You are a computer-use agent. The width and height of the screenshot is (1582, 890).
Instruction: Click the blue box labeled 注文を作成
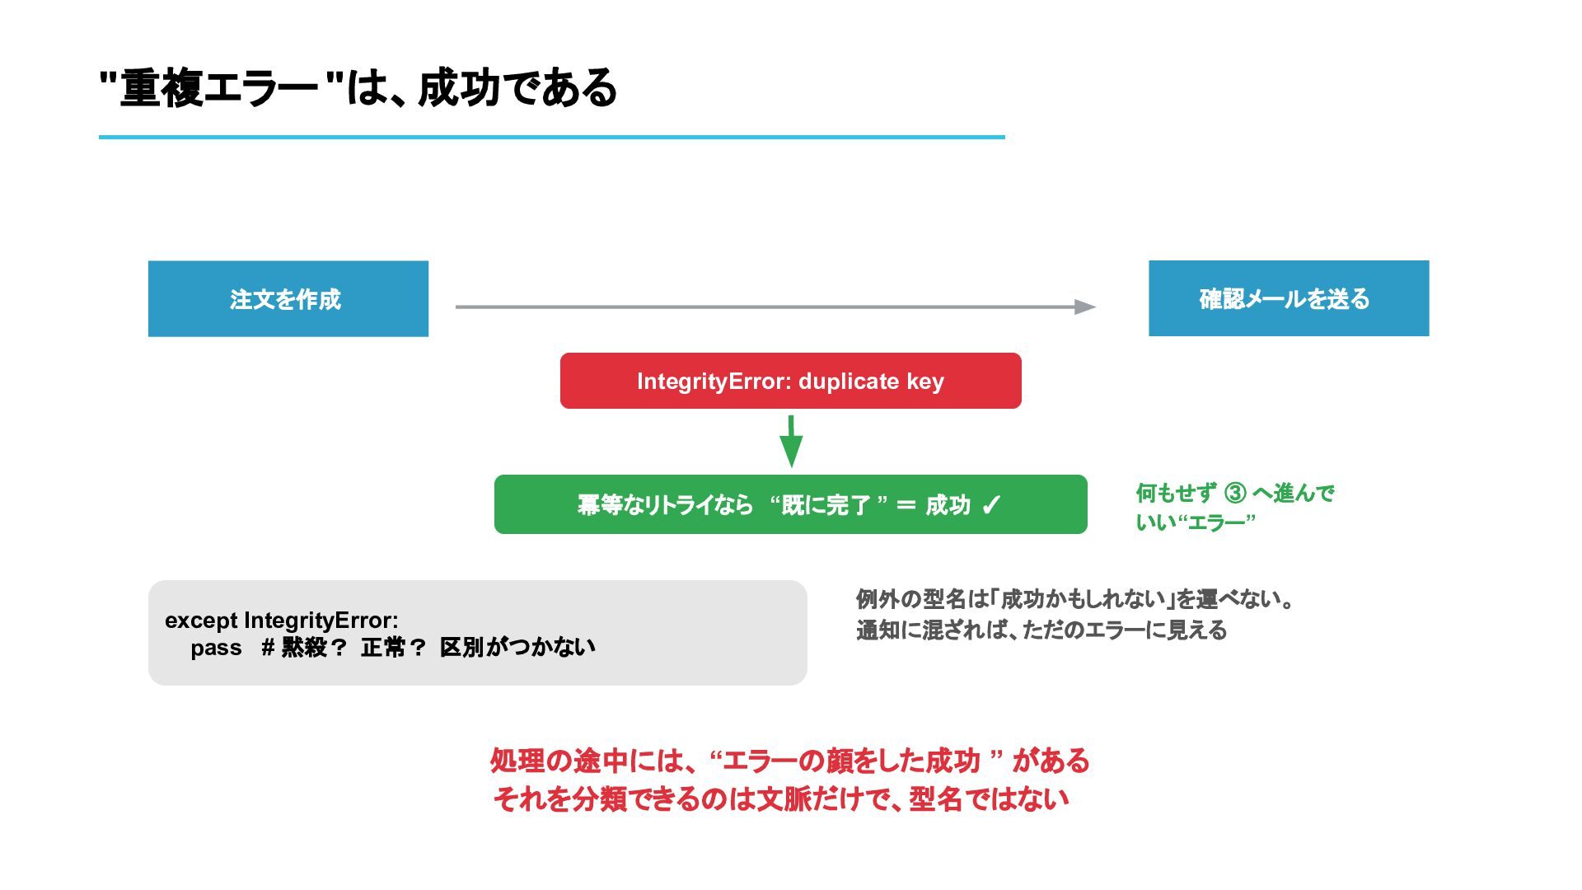(x=288, y=298)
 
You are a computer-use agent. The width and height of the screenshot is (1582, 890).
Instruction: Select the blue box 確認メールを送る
(x=1289, y=298)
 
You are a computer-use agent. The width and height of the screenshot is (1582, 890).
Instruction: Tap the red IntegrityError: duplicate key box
(x=791, y=381)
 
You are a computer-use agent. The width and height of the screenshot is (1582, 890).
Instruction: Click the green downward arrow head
(x=791, y=452)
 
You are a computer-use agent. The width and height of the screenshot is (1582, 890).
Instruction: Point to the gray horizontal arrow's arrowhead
(x=1085, y=307)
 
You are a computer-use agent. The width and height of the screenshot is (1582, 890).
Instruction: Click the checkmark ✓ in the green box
(x=991, y=504)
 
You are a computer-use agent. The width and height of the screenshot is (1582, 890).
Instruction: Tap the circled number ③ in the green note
(x=1235, y=493)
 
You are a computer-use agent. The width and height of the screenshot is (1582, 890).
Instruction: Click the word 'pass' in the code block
(x=216, y=648)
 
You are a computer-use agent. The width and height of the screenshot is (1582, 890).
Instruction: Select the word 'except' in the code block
(x=201, y=621)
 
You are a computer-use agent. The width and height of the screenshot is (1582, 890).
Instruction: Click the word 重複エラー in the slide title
(x=219, y=88)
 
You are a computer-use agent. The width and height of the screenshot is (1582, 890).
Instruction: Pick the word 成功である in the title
(x=517, y=88)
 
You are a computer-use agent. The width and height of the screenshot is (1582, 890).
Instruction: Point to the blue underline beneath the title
(x=552, y=137)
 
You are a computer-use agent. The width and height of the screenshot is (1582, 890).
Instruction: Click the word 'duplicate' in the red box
(x=849, y=382)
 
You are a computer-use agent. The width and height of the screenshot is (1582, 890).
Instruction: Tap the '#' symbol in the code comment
(x=268, y=648)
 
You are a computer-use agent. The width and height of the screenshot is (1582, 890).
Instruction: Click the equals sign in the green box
(x=906, y=504)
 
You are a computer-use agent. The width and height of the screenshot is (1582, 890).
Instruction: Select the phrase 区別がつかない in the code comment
(x=517, y=648)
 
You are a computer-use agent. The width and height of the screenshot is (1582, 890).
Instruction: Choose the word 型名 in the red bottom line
(x=936, y=799)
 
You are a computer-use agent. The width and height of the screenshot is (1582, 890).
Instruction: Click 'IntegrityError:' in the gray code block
(x=321, y=621)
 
